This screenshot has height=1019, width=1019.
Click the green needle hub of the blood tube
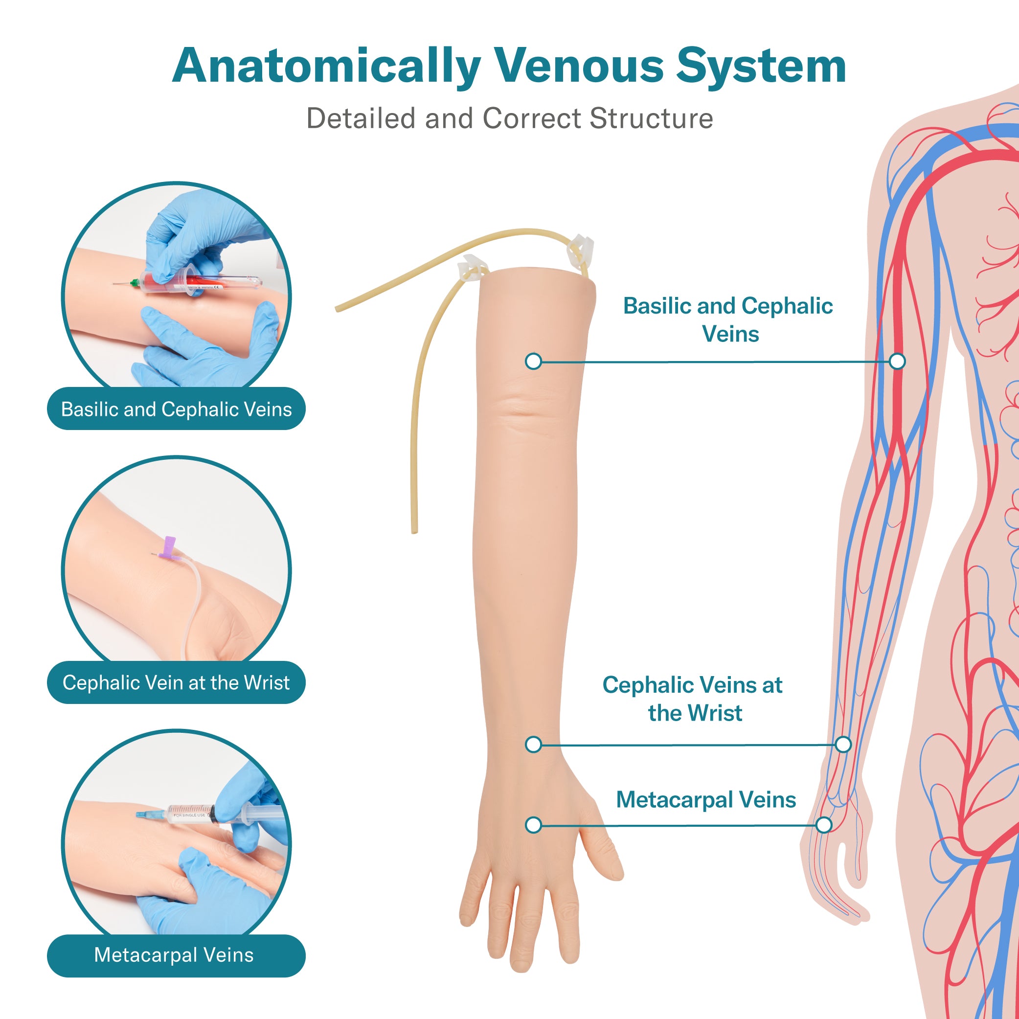pyautogui.click(x=136, y=283)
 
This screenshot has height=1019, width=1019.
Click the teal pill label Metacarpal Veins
pyautogui.click(x=176, y=955)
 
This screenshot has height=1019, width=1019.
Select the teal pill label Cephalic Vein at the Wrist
pyautogui.click(x=176, y=682)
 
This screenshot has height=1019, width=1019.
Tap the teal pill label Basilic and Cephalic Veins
pyautogui.click(x=176, y=409)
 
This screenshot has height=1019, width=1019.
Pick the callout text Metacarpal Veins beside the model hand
pyautogui.click(x=706, y=799)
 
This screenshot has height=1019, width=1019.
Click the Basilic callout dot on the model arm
pyautogui.click(x=534, y=362)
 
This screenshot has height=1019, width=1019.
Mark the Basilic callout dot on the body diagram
pyautogui.click(x=897, y=362)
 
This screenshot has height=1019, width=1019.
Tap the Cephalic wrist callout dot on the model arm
pyautogui.click(x=534, y=744)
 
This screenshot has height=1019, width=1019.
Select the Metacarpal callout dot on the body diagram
pyautogui.click(x=824, y=825)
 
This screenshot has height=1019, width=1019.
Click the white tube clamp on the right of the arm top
pyautogui.click(x=580, y=249)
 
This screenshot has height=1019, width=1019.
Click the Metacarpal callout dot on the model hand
pyautogui.click(x=534, y=825)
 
